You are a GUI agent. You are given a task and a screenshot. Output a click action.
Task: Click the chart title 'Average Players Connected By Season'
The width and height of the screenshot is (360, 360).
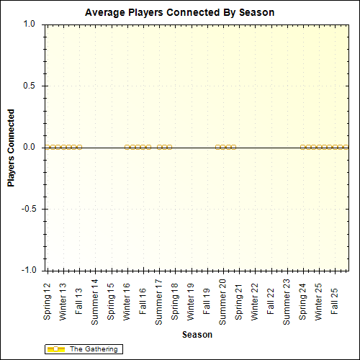point(179,13)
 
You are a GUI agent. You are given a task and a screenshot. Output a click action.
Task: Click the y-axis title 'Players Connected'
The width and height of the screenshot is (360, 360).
point(12,148)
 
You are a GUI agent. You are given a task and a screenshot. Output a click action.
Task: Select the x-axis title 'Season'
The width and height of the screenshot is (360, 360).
point(197,335)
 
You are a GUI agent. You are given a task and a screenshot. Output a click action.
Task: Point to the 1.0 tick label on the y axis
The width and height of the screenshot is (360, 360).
point(30,24)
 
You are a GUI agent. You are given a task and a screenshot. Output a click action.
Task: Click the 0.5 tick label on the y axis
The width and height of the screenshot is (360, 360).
point(30,86)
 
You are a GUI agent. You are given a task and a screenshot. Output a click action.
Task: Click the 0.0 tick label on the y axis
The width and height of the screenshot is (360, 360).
point(30,147)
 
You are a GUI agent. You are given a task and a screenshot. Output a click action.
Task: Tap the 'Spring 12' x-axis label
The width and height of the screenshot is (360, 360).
point(48,301)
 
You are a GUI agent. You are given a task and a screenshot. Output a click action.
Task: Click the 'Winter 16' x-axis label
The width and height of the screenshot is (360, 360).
point(127,301)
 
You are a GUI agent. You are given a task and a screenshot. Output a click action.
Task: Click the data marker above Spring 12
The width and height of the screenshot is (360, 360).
point(48,147)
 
